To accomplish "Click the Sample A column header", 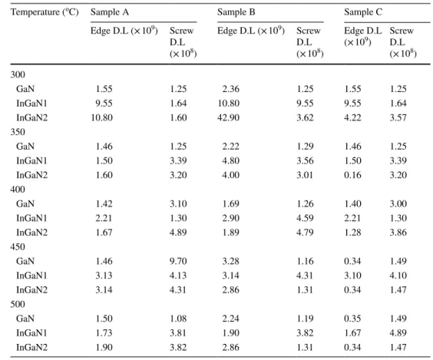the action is pos(110,12).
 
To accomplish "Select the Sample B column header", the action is pos(236,12).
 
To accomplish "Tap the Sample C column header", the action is pos(363,12).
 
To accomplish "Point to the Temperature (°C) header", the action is pos(45,12).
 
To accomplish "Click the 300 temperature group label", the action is pos(18,74).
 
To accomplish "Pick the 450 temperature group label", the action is pos(18,247).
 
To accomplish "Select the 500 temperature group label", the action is pos(18,304).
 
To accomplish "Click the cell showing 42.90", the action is pos(228,117).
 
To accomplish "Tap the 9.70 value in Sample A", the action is pos(178,261).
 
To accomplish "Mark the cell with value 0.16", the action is pos(352,175).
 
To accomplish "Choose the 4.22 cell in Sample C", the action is pos(352,117).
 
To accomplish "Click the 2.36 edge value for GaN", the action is pos(231,89).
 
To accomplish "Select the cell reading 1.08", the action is pos(178,319).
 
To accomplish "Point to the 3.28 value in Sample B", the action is pos(231,261).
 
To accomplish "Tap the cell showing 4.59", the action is pos(305,218).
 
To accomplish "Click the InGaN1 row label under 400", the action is pos(31,218).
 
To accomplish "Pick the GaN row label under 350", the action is pos(25,147).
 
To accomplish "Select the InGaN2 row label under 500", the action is pos(31,347).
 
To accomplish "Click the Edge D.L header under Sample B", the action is pos(251,31).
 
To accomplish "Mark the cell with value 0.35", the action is pos(352,319).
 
